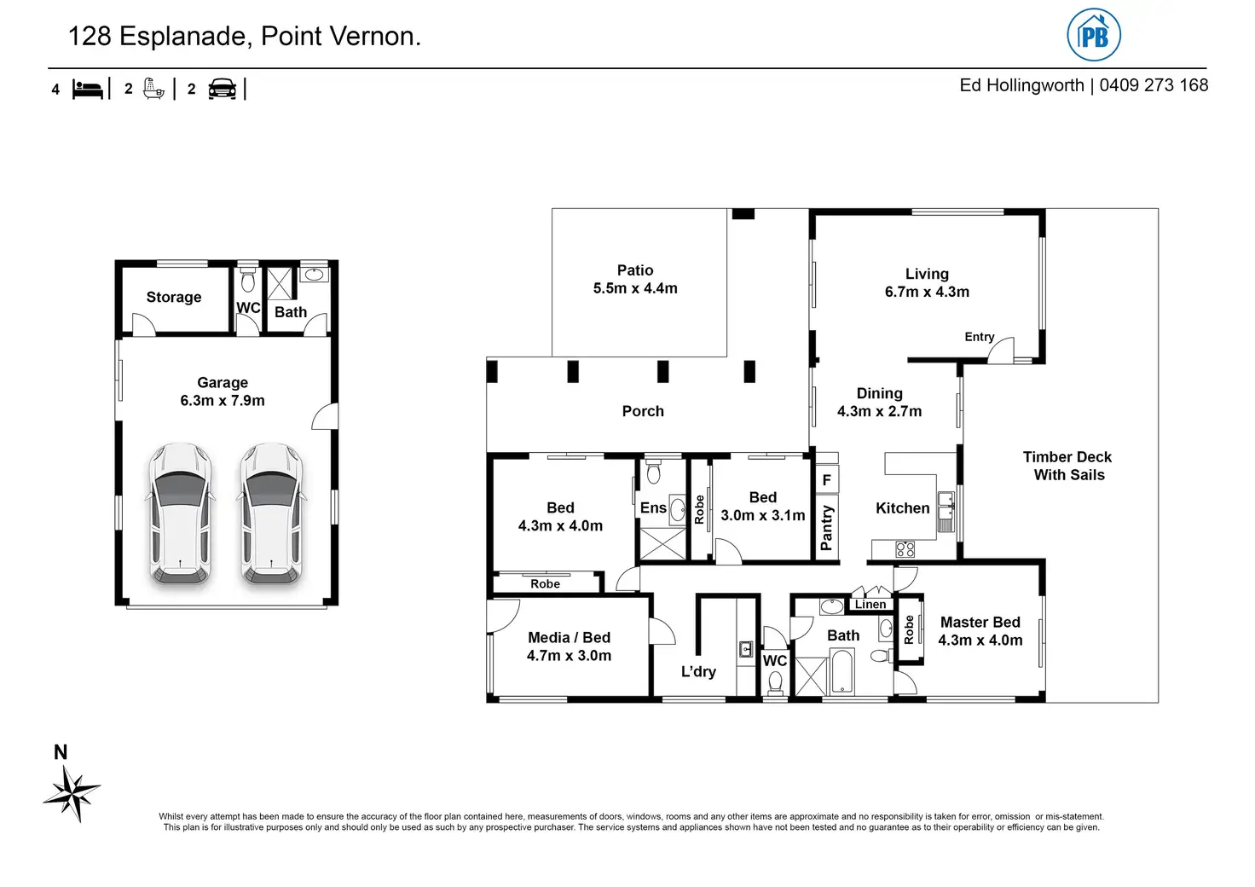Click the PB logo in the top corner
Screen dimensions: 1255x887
coord(1093,35)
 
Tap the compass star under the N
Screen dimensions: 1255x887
coord(72,794)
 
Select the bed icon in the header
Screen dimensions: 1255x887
coord(88,89)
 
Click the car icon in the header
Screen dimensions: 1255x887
coord(222,89)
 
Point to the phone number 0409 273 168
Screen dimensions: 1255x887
coord(1154,85)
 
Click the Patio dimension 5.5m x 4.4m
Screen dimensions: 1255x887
coord(635,288)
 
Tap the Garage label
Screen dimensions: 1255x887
coord(223,382)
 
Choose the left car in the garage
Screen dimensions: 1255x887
coord(181,514)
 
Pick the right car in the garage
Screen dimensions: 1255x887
coord(272,514)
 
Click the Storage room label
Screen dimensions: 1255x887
coord(174,297)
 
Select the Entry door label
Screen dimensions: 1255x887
coord(980,337)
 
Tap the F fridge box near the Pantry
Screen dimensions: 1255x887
coord(827,479)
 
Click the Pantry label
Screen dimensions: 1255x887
coord(826,527)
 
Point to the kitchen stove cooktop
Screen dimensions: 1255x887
coord(905,549)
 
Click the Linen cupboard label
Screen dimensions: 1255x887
coord(870,604)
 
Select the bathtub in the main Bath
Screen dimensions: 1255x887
coord(841,671)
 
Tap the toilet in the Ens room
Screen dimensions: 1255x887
coord(654,472)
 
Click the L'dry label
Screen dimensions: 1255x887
coord(698,671)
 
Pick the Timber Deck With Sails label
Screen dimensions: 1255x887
coord(1068,466)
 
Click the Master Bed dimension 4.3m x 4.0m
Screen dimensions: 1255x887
coord(980,640)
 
